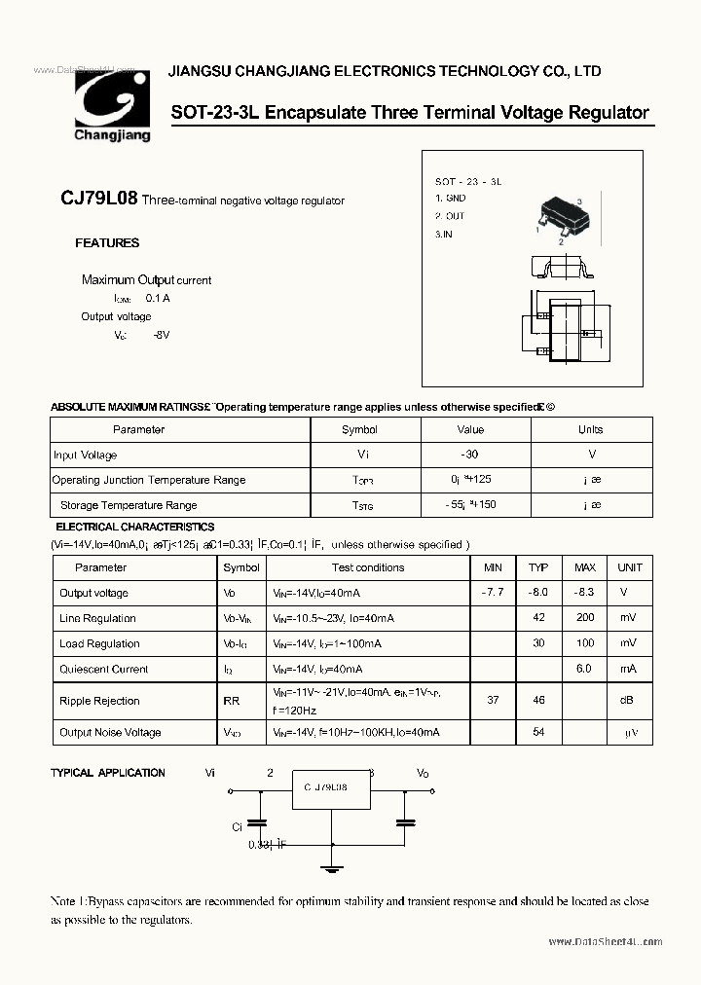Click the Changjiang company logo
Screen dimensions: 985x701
tap(112, 106)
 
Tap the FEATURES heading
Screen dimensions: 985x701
tap(107, 243)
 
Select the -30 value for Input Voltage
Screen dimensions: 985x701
tap(470, 455)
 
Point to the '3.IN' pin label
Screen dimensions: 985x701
tap(444, 235)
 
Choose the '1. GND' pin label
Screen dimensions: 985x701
tap(450, 198)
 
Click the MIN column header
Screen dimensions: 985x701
tap(493, 567)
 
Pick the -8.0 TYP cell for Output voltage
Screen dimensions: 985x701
tap(538, 593)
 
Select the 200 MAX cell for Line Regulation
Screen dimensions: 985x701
tap(584, 618)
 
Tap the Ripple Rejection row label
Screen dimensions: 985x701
tap(99, 701)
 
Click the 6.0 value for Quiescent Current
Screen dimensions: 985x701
tap(584, 669)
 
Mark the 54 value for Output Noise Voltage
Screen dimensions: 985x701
tap(538, 732)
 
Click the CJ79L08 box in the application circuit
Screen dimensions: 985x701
tap(333, 789)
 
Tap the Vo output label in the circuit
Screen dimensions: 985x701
tap(423, 773)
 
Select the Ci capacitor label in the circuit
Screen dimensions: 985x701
tap(237, 826)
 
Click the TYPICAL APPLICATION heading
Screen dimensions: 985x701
tap(108, 773)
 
